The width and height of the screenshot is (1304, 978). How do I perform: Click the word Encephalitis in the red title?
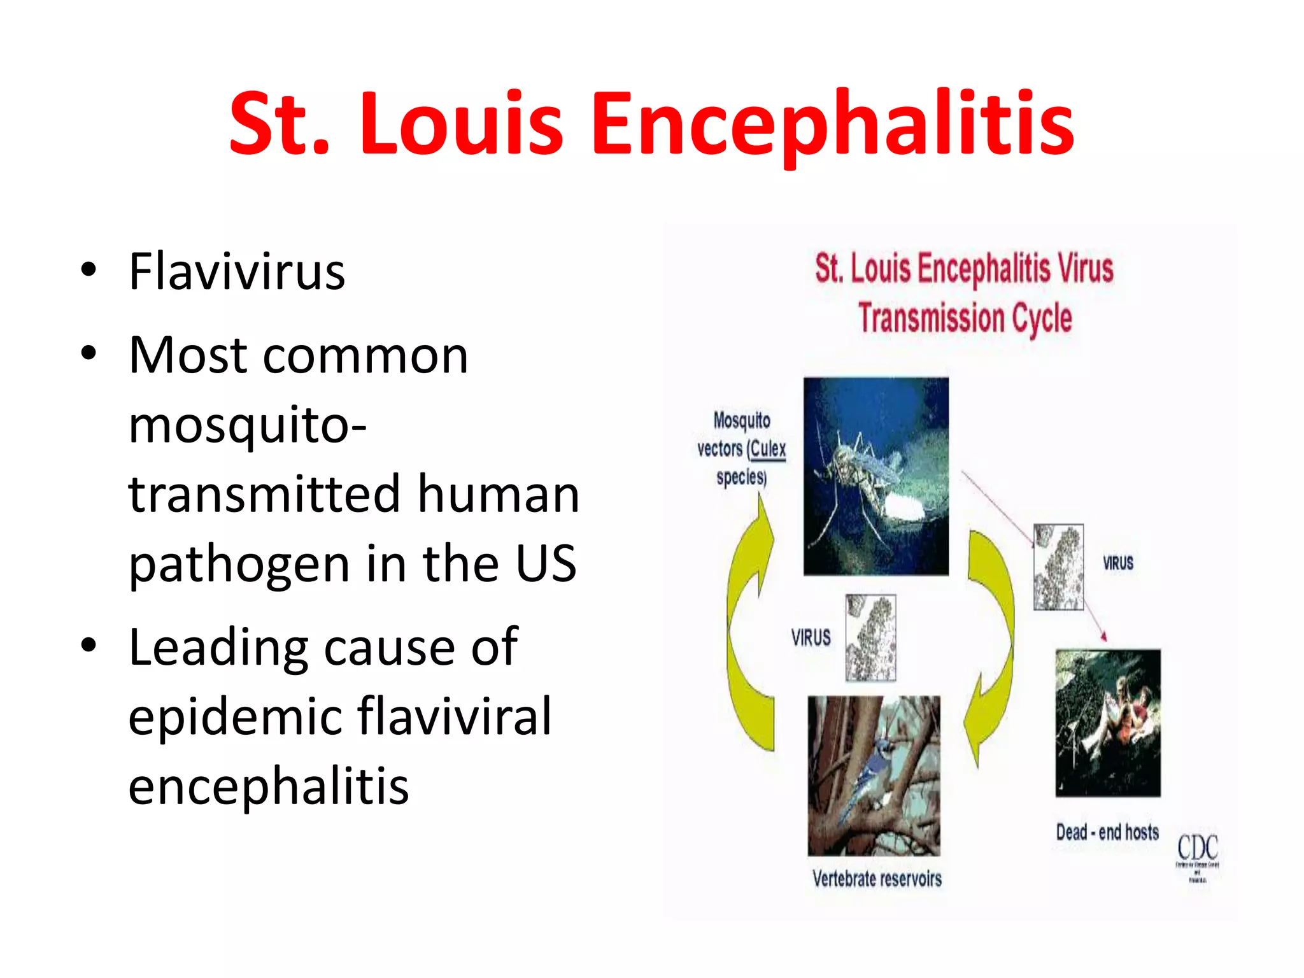click(x=832, y=124)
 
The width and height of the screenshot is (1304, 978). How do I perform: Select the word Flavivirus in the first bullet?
click(x=237, y=273)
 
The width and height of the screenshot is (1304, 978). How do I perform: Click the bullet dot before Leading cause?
click(x=89, y=645)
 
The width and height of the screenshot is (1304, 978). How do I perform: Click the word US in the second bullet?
click(x=546, y=563)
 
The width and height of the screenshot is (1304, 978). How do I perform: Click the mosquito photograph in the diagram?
click(x=875, y=476)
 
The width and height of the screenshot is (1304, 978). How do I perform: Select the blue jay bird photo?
click(x=874, y=776)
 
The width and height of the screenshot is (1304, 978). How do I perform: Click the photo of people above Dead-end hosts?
click(x=1108, y=723)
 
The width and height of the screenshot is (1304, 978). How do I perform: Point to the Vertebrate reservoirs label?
click(x=877, y=879)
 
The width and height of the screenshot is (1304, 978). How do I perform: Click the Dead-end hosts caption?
click(x=1107, y=832)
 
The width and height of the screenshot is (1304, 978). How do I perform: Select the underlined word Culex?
click(x=768, y=449)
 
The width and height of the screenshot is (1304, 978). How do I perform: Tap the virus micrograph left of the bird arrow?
click(x=870, y=638)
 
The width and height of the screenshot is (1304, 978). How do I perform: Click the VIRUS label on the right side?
click(x=1118, y=563)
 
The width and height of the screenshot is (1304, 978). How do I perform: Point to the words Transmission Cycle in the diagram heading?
click(x=965, y=318)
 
